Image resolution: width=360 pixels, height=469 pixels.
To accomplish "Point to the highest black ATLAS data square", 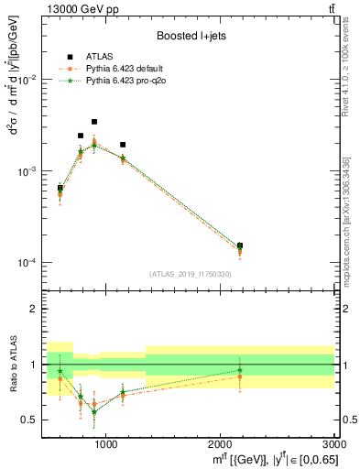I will (93, 122).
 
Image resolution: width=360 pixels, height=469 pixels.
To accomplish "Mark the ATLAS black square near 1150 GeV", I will (123, 145).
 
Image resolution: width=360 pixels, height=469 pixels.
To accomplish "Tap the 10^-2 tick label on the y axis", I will (31, 81).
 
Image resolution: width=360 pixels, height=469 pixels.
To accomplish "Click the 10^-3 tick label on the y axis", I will (31, 172).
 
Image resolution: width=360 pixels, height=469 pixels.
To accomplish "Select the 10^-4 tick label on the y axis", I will (31, 263).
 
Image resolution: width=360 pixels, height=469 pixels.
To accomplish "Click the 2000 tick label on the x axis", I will (220, 444).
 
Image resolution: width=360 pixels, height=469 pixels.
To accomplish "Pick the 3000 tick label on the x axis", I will (334, 444).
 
